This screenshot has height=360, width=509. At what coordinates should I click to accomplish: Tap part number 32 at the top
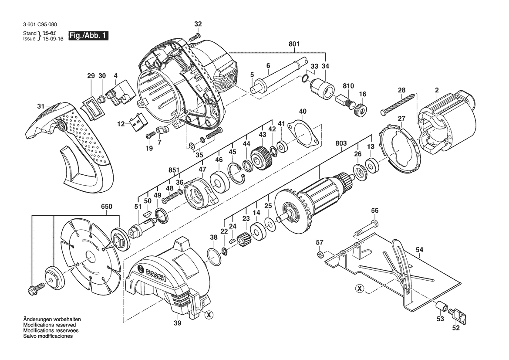[x=198, y=24]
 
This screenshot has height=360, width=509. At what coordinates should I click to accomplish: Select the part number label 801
[x=294, y=44]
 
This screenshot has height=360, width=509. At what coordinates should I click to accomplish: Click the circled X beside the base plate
[x=359, y=289]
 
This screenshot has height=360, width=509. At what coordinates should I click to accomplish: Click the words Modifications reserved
[x=49, y=325]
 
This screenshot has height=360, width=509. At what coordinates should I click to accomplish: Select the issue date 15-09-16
[x=53, y=39]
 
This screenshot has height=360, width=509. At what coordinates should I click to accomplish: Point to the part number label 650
[x=107, y=207]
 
